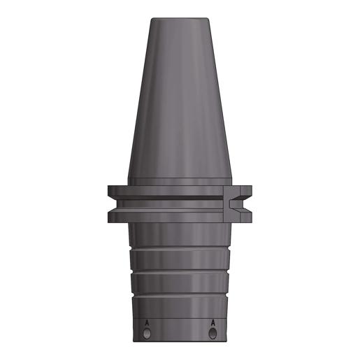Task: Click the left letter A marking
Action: click(x=147, y=323)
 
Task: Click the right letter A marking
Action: click(x=213, y=323)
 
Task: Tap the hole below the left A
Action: click(x=147, y=333)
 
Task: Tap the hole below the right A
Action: click(x=213, y=333)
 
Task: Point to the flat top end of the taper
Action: click(x=180, y=18)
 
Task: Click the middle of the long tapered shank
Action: click(x=180, y=98)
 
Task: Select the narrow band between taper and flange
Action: click(x=180, y=182)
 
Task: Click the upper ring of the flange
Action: click(x=180, y=191)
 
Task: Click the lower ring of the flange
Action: click(x=180, y=215)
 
